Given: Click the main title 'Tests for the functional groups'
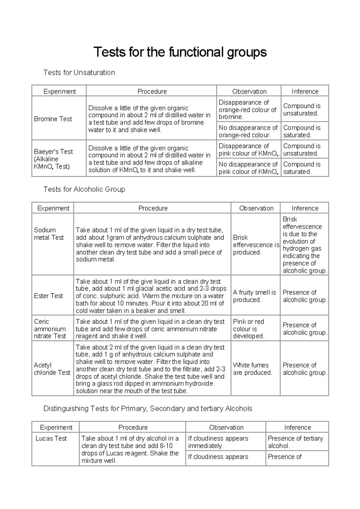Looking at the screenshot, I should [x=180, y=52].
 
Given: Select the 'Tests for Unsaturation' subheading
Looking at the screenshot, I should [x=79, y=73].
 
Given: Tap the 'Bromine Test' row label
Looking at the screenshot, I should [x=53, y=119].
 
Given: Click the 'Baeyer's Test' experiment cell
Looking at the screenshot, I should [x=53, y=159].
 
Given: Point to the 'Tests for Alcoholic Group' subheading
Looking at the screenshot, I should [x=84, y=190].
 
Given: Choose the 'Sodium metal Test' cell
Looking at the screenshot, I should [x=49, y=234].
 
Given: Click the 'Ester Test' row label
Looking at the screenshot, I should [x=48, y=296].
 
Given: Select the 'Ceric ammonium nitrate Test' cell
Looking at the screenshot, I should [x=50, y=329].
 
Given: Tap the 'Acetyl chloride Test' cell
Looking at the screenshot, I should [x=52, y=369].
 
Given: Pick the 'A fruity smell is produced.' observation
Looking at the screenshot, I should [x=254, y=296].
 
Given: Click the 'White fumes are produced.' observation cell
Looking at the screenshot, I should [x=253, y=369].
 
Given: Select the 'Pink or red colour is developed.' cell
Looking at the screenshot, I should [x=249, y=329].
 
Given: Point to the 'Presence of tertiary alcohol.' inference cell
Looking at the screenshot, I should [x=295, y=442].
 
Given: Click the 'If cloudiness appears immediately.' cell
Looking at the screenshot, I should [x=218, y=442].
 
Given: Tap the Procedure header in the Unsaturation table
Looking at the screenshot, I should [x=152, y=91].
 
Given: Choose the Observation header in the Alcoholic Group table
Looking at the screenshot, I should [x=256, y=208].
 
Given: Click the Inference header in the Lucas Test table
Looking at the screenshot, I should [x=297, y=427].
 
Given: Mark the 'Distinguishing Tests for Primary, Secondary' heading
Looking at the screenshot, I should [x=148, y=409].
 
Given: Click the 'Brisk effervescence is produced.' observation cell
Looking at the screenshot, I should [x=256, y=245].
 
